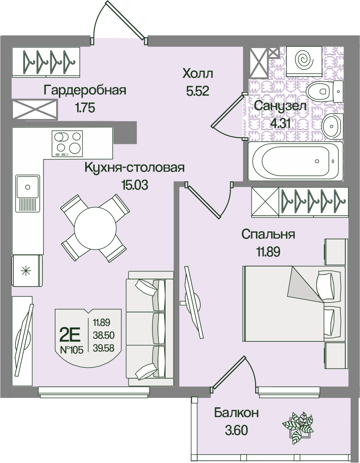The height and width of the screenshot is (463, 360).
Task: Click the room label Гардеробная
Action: coord(85,90)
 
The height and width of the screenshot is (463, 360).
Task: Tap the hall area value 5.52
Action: coord(198,92)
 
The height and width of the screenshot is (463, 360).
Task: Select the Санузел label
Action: coord(280,106)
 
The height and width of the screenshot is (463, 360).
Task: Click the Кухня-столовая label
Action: coord(134,168)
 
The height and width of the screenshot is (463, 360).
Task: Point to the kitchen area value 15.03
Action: coord(134,184)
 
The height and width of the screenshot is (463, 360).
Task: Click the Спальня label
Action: coord(268,234)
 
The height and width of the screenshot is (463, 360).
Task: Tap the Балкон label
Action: coord(236,413)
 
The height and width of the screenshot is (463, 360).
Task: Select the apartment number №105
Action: coord(71,350)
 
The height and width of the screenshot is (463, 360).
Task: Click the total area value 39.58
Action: coord(104,348)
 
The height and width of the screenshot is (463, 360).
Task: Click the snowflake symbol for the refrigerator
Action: coord(26,270)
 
